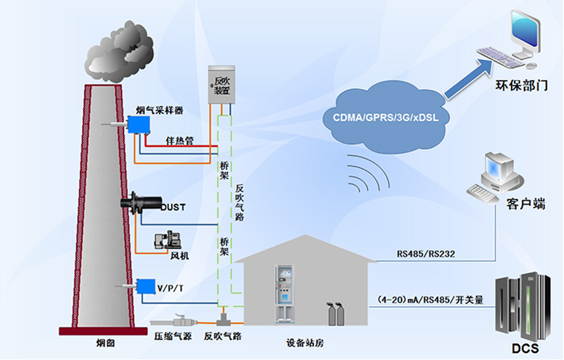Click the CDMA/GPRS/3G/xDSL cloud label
[x=385, y=117]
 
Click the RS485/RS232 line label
[x=426, y=255]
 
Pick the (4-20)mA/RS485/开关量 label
[x=431, y=300]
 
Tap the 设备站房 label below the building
[x=305, y=343]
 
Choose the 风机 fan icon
[x=167, y=241]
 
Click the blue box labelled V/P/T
[x=145, y=287]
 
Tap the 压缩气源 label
[x=171, y=336]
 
